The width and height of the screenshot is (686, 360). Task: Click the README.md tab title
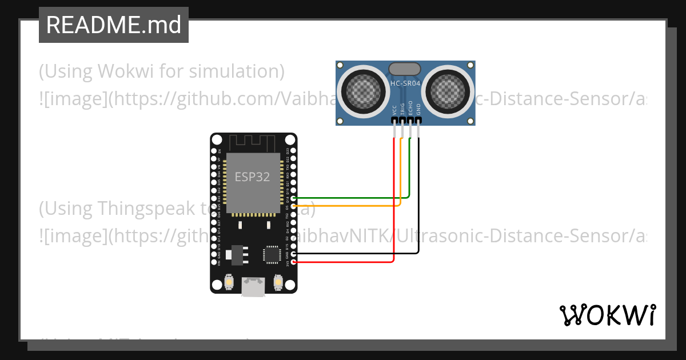(x=113, y=25)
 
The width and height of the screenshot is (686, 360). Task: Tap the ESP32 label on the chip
(x=252, y=177)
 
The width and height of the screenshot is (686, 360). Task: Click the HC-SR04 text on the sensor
(x=405, y=84)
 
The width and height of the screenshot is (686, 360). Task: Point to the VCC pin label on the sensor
(x=394, y=110)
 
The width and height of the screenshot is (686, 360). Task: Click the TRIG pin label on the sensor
(x=402, y=110)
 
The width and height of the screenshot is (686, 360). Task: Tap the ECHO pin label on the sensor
(x=410, y=110)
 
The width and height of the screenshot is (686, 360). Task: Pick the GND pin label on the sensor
(x=418, y=110)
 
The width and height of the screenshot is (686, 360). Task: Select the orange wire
(x=343, y=205)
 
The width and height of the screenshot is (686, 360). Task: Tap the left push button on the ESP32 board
(x=229, y=282)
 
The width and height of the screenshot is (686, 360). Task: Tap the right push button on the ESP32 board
(x=278, y=282)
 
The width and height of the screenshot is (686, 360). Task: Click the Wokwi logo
(x=607, y=315)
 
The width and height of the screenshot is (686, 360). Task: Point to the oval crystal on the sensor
(x=405, y=69)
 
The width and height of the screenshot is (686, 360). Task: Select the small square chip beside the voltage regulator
(x=271, y=254)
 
